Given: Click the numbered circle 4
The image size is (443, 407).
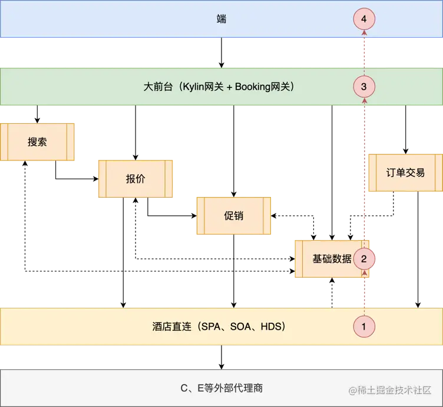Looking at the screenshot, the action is click(x=364, y=19).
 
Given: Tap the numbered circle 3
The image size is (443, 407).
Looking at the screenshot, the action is click(x=364, y=87).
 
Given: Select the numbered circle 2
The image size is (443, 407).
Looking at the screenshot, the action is click(x=364, y=258).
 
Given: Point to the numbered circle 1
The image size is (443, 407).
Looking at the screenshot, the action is click(x=364, y=326).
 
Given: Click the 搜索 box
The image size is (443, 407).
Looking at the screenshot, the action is click(x=37, y=142).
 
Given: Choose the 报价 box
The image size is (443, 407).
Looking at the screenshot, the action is click(x=135, y=179).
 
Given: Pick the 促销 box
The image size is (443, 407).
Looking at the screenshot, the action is click(x=233, y=216).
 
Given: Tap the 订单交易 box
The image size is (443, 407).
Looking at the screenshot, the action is click(x=405, y=173).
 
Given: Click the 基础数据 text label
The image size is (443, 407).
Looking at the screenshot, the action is click(x=332, y=258).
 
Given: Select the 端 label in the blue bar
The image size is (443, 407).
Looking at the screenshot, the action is click(x=221, y=19).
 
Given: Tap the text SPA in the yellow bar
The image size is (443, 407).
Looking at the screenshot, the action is click(x=213, y=326).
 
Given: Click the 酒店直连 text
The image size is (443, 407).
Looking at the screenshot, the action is click(x=172, y=326).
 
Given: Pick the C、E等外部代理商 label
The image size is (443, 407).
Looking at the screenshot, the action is click(x=221, y=388).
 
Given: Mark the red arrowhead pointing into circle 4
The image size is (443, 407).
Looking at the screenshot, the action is click(x=364, y=34).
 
